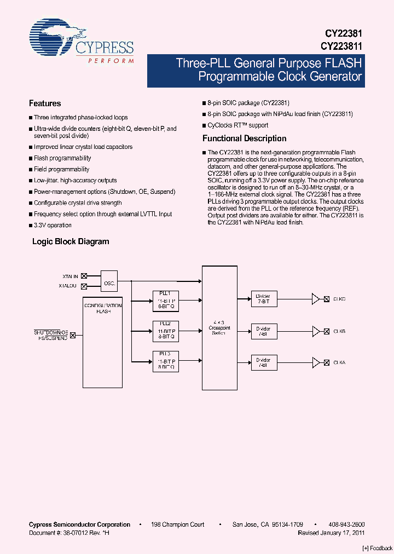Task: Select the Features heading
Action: (x=45, y=103)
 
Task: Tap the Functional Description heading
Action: (x=245, y=138)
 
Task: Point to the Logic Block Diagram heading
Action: (x=71, y=241)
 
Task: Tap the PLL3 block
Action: (x=165, y=362)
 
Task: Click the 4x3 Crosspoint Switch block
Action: (x=219, y=327)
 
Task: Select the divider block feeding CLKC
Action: (x=264, y=299)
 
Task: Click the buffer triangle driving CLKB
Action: (x=316, y=331)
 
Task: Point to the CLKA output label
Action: (x=339, y=362)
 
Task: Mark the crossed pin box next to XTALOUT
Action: (x=84, y=286)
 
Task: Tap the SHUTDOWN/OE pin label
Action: (x=51, y=332)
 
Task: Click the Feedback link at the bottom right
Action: (x=378, y=548)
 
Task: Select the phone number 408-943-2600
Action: (x=346, y=524)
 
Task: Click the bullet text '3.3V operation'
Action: (x=53, y=225)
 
